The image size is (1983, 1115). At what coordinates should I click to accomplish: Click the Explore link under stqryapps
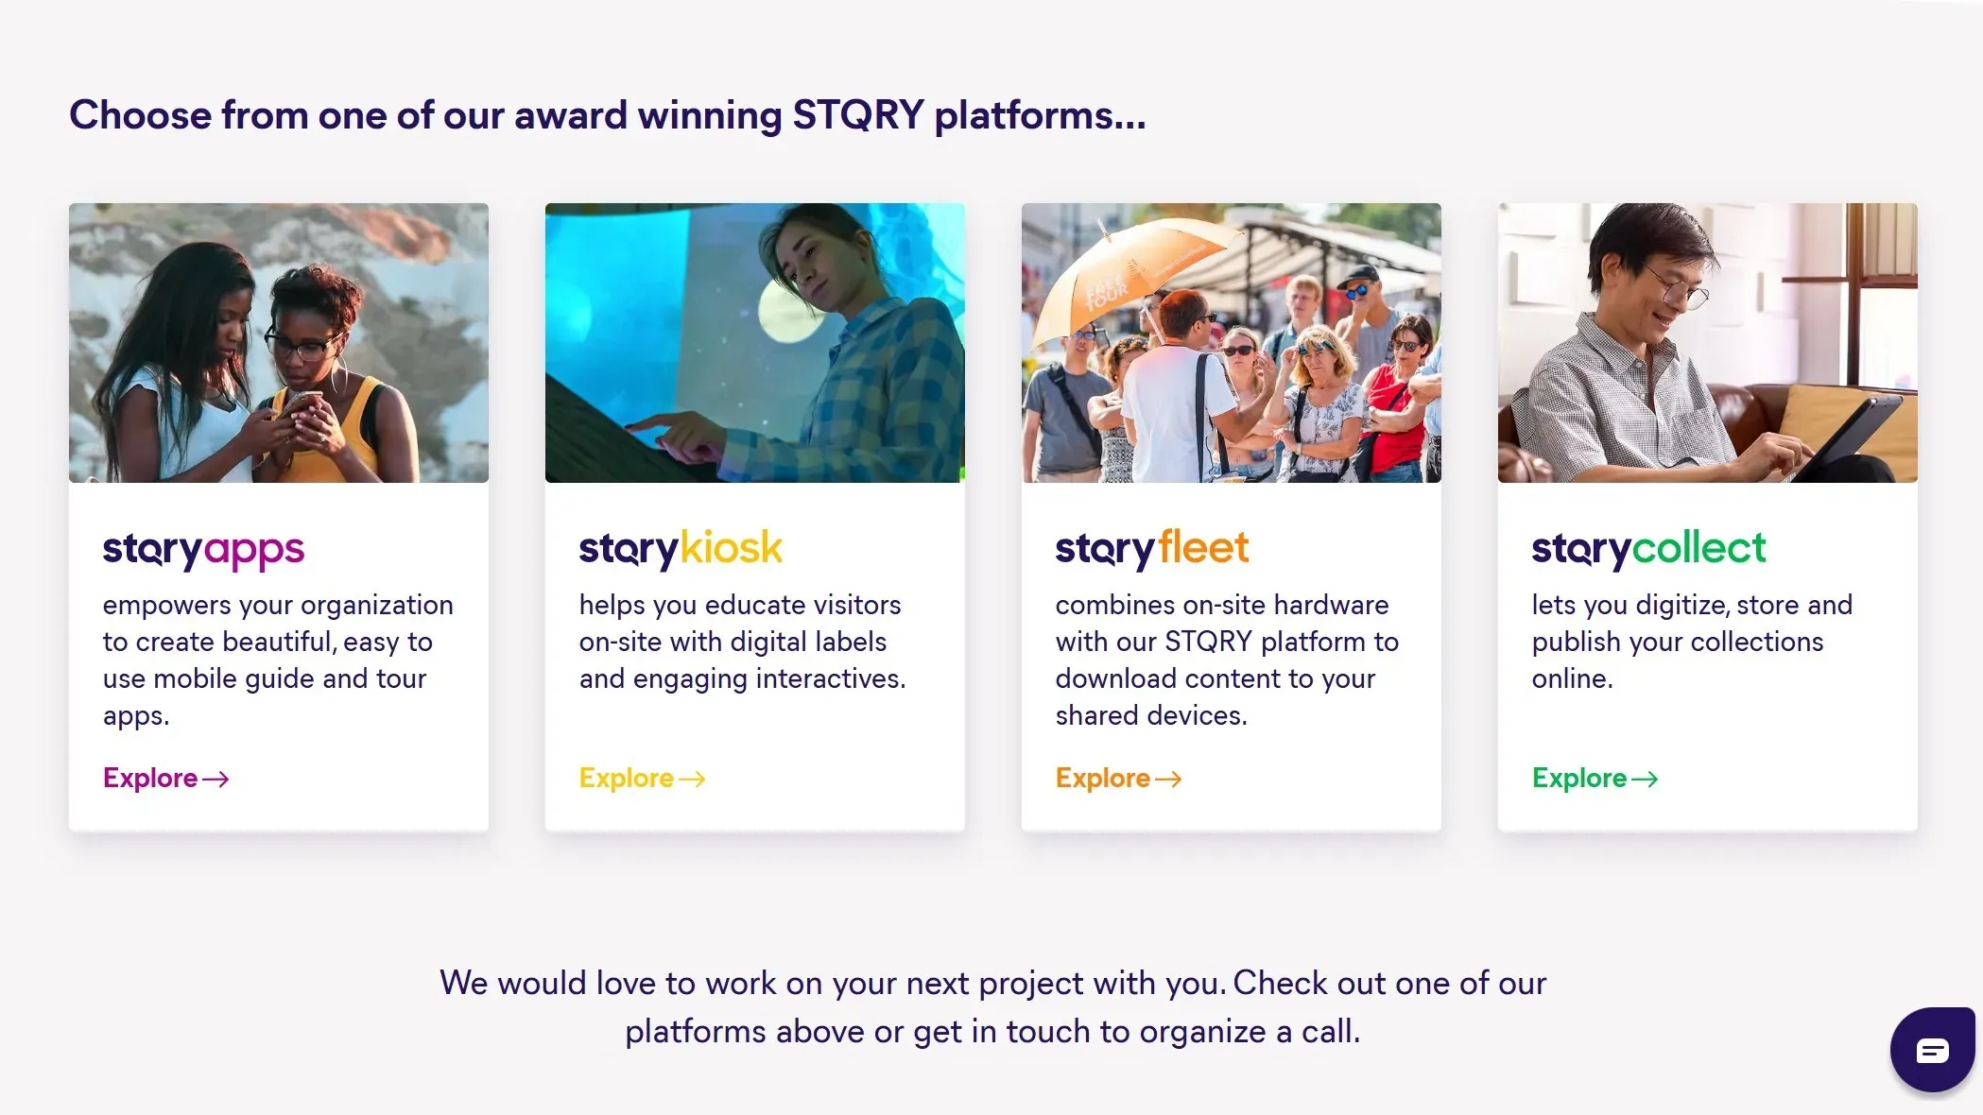[x=166, y=778]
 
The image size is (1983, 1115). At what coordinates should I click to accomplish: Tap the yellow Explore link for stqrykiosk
[x=643, y=778]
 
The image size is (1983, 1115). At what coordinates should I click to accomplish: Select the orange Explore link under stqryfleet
[x=1119, y=778]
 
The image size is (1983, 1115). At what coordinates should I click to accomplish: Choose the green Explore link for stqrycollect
[x=1595, y=778]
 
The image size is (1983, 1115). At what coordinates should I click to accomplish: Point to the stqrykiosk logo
[x=681, y=549]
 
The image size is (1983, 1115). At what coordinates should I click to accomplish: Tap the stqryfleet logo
[x=1152, y=549]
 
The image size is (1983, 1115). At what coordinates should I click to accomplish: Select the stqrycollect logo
[x=1648, y=549]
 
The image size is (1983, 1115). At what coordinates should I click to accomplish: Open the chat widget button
[x=1932, y=1050]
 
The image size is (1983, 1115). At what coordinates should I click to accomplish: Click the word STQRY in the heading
[x=858, y=115]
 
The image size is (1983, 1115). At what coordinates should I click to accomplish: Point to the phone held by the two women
[x=296, y=408]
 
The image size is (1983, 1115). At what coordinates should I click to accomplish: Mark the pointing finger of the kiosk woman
[x=652, y=420]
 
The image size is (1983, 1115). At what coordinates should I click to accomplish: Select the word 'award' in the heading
[x=571, y=115]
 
